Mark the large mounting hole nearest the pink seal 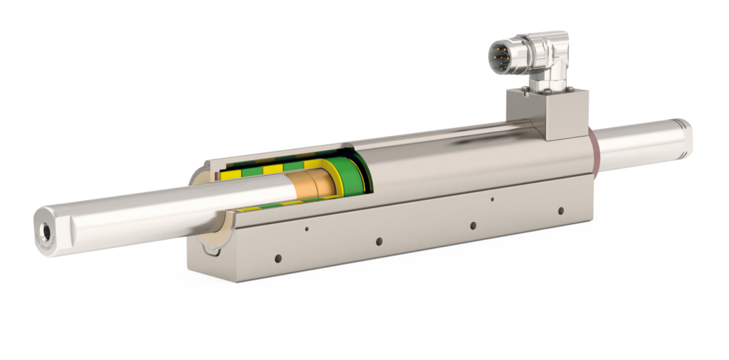[561, 211]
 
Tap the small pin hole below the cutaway [306, 229]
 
